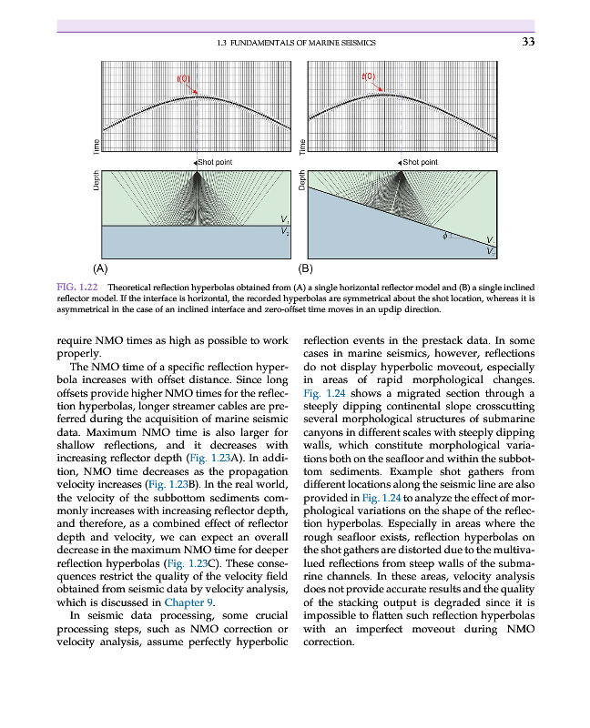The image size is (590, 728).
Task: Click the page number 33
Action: coord(527,41)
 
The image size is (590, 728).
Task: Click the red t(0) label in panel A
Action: coord(183,79)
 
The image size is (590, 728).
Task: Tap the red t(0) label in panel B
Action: coord(369,76)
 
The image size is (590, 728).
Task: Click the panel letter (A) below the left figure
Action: coord(101,269)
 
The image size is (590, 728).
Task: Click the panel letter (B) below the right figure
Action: coord(305,269)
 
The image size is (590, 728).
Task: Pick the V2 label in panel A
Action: coord(285,231)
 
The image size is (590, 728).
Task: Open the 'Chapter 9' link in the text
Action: coord(189,602)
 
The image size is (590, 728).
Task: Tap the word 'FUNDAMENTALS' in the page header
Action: coord(263,42)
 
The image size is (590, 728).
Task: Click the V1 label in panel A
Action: coord(285,219)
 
